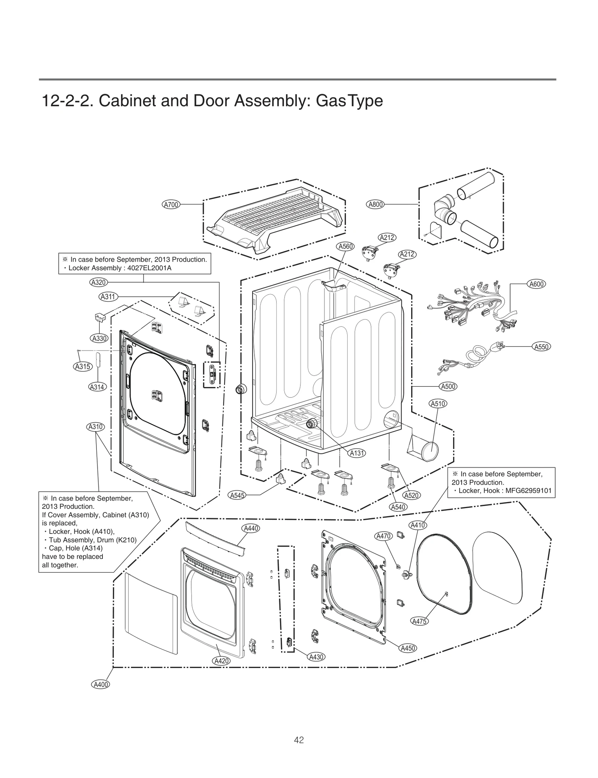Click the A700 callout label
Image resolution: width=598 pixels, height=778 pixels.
171,204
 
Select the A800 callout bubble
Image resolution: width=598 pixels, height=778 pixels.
376,204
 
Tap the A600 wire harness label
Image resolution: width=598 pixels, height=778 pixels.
536,284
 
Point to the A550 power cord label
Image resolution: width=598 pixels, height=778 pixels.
541,346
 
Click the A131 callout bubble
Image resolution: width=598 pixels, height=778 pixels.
357,453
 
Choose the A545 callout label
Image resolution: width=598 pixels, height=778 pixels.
237,495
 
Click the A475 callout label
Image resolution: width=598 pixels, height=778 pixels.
419,621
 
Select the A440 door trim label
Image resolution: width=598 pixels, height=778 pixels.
251,528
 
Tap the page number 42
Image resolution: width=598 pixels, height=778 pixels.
299,740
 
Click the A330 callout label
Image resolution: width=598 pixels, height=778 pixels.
99,338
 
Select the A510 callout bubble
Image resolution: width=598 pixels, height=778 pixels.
438,404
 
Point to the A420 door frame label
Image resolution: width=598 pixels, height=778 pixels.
221,660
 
